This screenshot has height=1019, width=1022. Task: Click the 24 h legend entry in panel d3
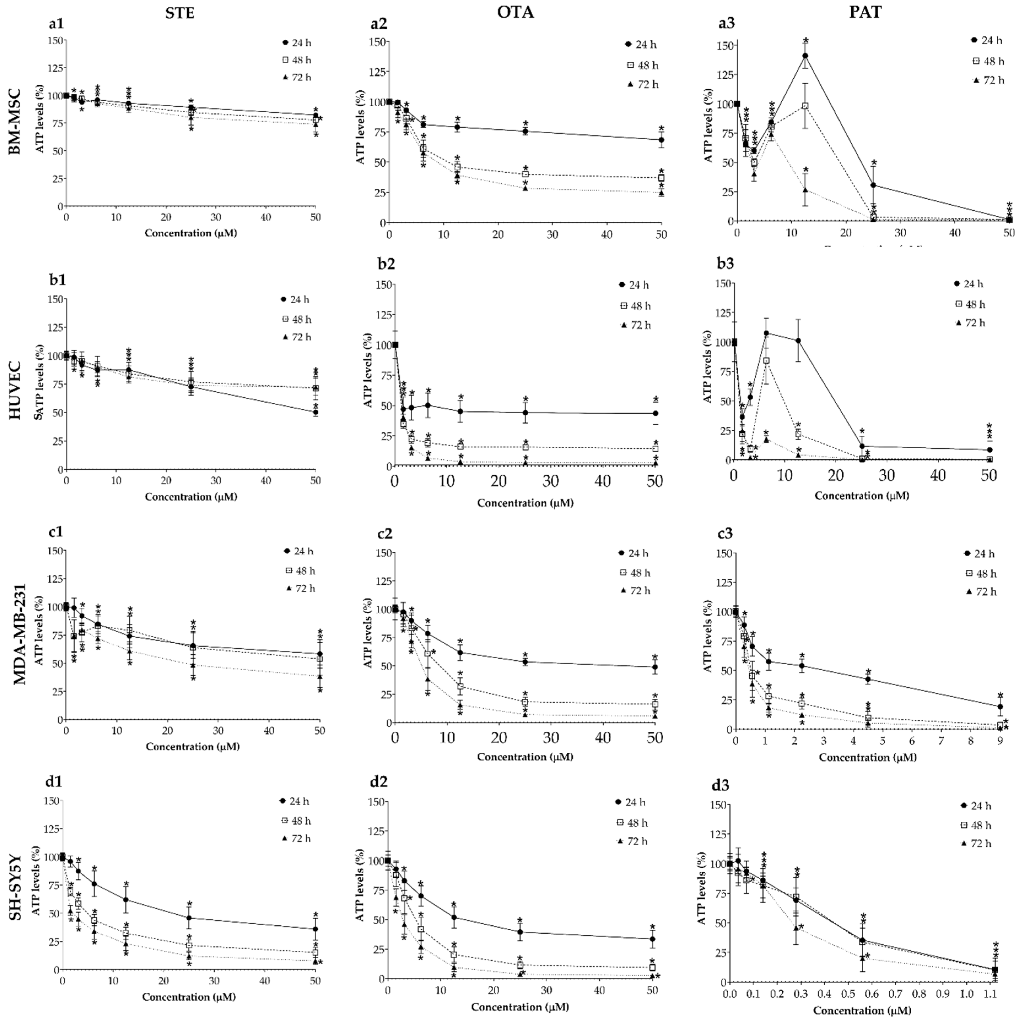[975, 806]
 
